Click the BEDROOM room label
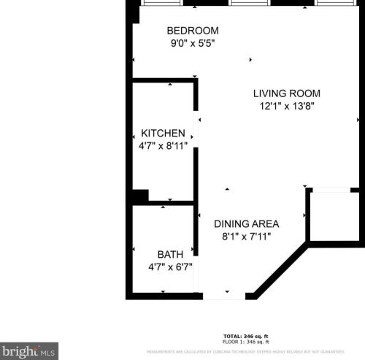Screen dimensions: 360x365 (193, 31)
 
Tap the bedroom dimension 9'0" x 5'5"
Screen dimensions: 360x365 (193, 43)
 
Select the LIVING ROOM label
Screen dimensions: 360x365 (286, 93)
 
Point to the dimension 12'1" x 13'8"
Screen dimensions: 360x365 (286, 107)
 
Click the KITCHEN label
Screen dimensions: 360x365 (163, 134)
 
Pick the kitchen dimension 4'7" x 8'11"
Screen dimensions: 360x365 (163, 146)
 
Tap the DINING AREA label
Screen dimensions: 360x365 (246, 223)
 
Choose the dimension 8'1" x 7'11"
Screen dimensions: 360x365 (246, 237)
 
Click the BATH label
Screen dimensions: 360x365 (170, 254)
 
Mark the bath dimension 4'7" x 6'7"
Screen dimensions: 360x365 (170, 267)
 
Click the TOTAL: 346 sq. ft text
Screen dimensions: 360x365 (246, 335)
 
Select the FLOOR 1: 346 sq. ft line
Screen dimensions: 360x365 (246, 342)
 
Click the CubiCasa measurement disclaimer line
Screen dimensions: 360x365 (255, 351)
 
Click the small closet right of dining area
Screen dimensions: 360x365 (334, 216)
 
